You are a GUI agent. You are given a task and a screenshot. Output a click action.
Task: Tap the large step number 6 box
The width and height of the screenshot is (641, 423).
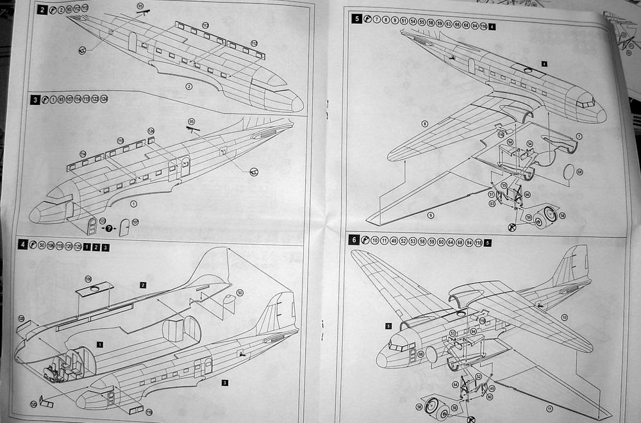coord(354,240)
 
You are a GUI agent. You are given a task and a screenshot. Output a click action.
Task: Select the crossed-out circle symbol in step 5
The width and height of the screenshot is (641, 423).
coord(512,227)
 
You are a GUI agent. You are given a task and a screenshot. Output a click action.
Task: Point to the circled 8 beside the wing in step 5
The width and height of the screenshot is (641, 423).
coord(424,123)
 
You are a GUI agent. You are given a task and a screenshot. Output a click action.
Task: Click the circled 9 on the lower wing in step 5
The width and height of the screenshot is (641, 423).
coord(430,215)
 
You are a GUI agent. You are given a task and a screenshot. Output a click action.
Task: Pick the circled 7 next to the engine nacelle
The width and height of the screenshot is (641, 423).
coord(578,137)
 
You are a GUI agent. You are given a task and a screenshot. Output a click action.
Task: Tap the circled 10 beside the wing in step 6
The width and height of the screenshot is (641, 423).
coord(564,317)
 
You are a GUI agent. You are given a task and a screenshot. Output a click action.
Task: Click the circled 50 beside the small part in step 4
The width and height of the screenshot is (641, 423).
coord(240,293)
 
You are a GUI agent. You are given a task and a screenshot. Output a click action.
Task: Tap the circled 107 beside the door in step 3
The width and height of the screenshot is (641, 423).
coord(135,222)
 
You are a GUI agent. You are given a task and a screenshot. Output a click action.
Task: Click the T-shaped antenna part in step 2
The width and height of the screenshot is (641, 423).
coord(145,13)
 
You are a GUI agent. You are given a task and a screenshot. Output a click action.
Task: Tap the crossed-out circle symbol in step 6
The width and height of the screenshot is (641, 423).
coord(472,419)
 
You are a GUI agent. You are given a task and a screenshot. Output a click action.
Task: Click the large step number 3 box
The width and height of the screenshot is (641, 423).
coord(36,99)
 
